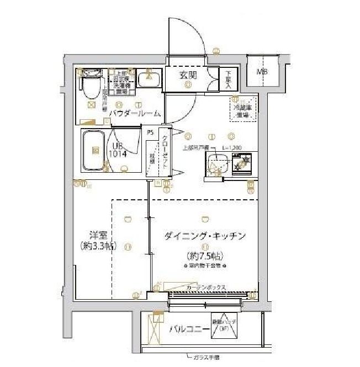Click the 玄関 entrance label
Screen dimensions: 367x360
click(187, 76)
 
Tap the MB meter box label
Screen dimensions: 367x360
click(262, 72)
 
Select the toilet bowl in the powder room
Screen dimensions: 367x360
click(90, 86)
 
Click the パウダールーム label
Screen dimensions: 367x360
click(134, 114)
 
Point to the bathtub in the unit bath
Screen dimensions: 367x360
click(95, 150)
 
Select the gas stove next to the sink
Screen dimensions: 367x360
click(242, 163)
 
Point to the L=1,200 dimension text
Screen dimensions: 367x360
click(232, 148)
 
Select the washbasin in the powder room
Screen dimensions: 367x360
click(147, 78)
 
